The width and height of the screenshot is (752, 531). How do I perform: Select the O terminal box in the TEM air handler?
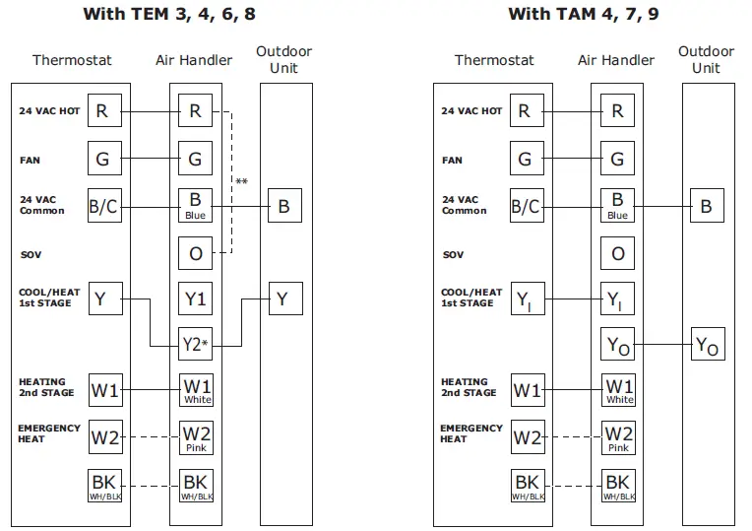pyautogui.click(x=195, y=253)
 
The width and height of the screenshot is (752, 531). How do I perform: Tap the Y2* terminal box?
pyautogui.click(x=196, y=343)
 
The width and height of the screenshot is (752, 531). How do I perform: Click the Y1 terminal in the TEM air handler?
pyautogui.click(x=195, y=299)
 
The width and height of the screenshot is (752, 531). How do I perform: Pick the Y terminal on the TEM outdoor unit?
pyautogui.click(x=282, y=299)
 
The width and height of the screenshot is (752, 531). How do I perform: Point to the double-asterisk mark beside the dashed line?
pyautogui.click(x=241, y=181)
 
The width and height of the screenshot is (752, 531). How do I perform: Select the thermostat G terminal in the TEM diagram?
pyautogui.click(x=103, y=158)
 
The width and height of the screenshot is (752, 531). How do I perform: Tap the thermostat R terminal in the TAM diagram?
pyautogui.click(x=525, y=111)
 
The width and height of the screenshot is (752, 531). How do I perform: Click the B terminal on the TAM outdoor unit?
pyautogui.click(x=706, y=207)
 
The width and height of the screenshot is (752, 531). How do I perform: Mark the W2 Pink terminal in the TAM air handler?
pyautogui.click(x=617, y=436)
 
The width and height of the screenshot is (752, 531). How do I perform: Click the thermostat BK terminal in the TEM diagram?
pyautogui.click(x=103, y=485)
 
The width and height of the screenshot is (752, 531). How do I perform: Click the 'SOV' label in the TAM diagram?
pyautogui.click(x=454, y=254)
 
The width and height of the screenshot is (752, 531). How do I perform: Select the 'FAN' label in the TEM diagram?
pyautogui.click(x=30, y=160)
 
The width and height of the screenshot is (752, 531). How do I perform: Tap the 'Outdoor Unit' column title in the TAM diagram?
pyautogui.click(x=706, y=59)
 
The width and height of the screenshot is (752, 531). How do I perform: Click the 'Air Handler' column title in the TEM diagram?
pyautogui.click(x=194, y=60)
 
